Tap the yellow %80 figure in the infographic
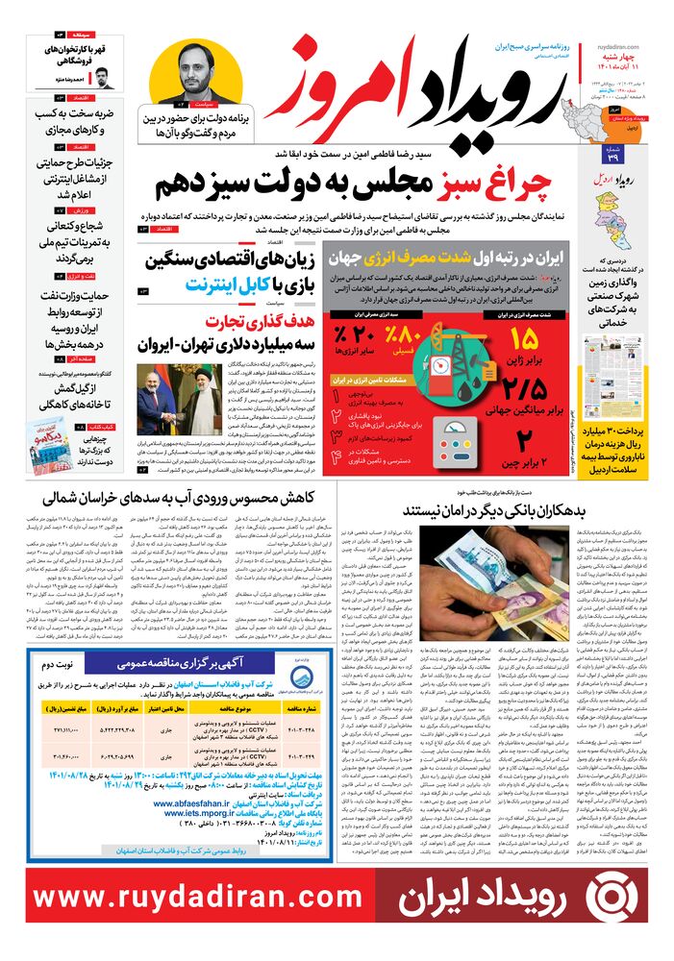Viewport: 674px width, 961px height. point(405,338)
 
